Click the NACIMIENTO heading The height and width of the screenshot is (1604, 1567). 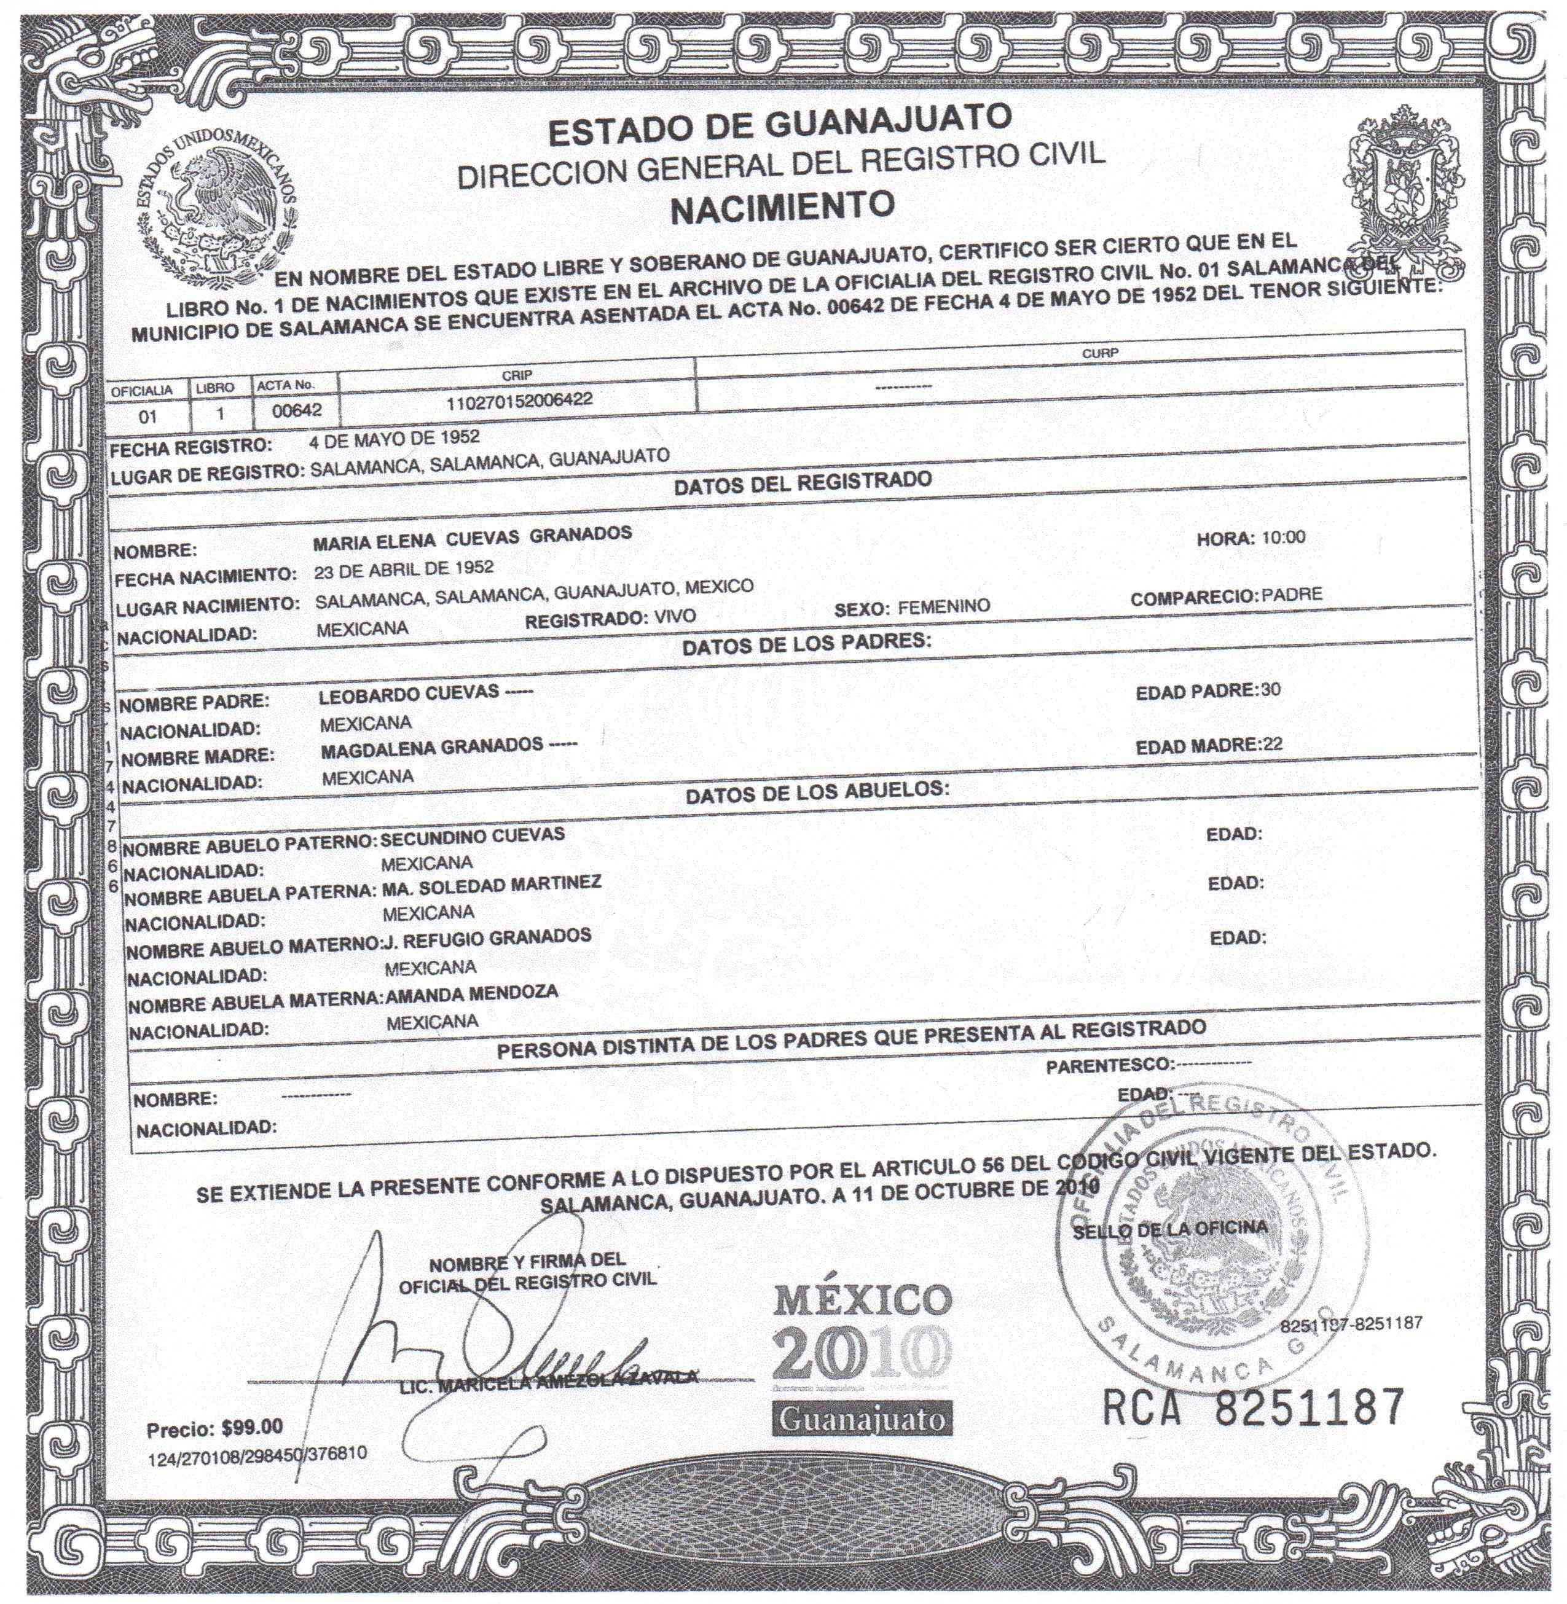point(782,206)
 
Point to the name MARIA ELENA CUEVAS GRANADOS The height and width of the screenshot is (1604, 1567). point(473,536)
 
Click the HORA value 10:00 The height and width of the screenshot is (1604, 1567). point(1283,538)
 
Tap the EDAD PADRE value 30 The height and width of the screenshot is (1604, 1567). point(1271,689)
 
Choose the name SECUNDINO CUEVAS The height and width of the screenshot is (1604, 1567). point(473,835)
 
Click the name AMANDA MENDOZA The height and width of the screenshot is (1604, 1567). point(471,993)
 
